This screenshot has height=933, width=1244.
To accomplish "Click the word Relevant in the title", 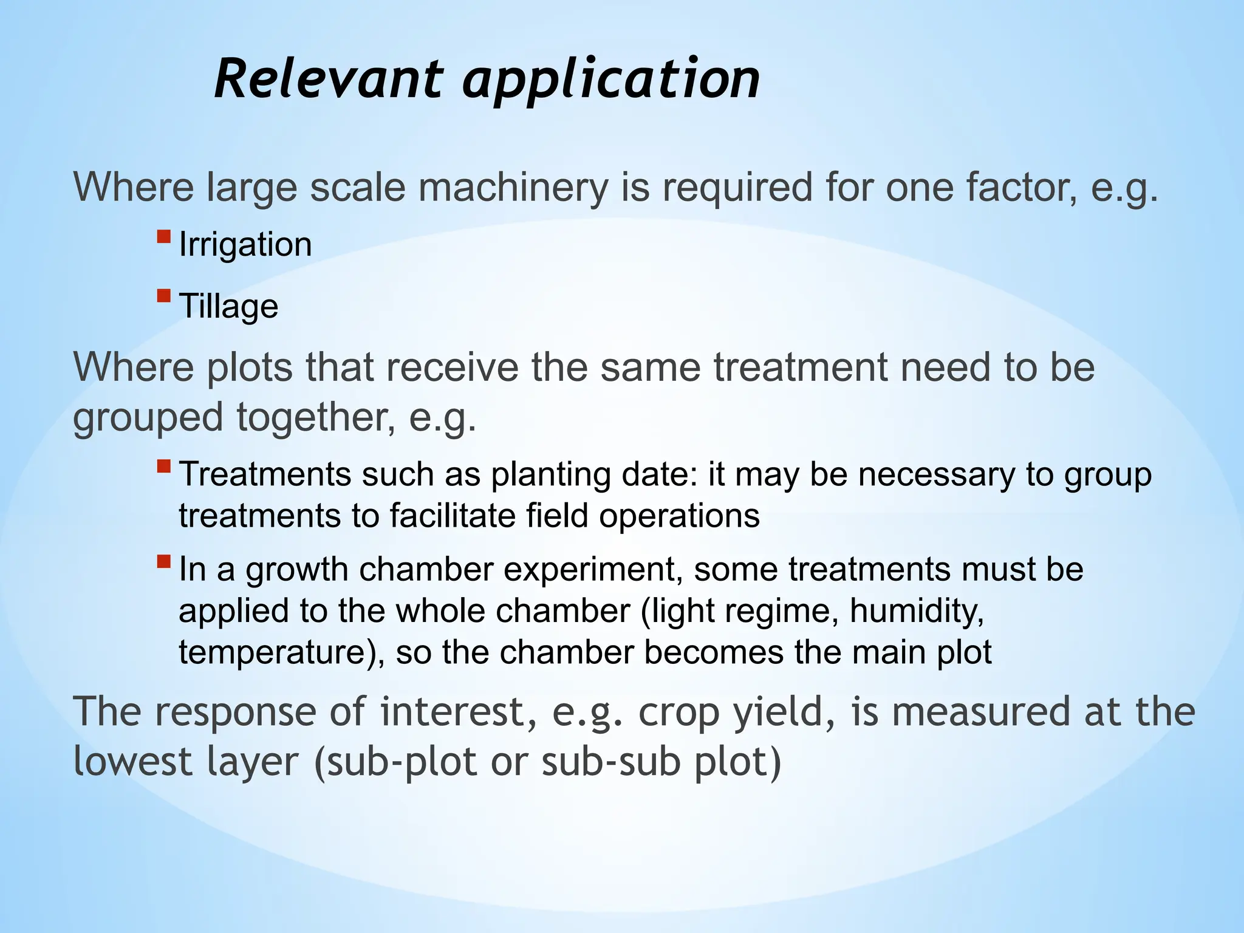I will pyautogui.click(x=328, y=79).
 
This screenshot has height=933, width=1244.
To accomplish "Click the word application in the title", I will pyautogui.click(x=610, y=80).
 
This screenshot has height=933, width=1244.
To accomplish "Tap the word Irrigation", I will pyautogui.click(x=245, y=245).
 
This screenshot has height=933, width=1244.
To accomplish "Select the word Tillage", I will pyautogui.click(x=228, y=306).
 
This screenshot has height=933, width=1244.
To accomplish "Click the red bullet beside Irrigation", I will pyautogui.click(x=163, y=236).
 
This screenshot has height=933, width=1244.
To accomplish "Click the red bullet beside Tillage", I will pyautogui.click(x=163, y=296).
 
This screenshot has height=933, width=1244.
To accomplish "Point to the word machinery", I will pyautogui.click(x=512, y=187).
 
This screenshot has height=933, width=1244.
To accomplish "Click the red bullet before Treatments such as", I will pyautogui.click(x=163, y=466).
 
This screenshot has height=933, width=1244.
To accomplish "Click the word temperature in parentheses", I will pyautogui.click(x=276, y=652).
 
